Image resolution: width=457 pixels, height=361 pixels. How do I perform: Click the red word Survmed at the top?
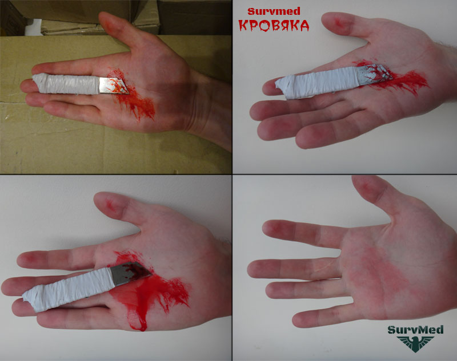pos(274,11)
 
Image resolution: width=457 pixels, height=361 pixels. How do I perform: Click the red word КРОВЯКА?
pos(274,25)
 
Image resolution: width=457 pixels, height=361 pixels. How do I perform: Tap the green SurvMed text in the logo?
pos(415,330)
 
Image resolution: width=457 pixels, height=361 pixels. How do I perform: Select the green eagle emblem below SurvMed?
pos(415,344)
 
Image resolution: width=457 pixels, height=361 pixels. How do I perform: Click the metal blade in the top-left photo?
pos(113,86)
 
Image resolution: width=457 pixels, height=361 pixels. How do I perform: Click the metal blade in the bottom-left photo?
pos(130,273)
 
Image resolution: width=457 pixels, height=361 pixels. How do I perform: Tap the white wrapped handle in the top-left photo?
pos(66,83)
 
